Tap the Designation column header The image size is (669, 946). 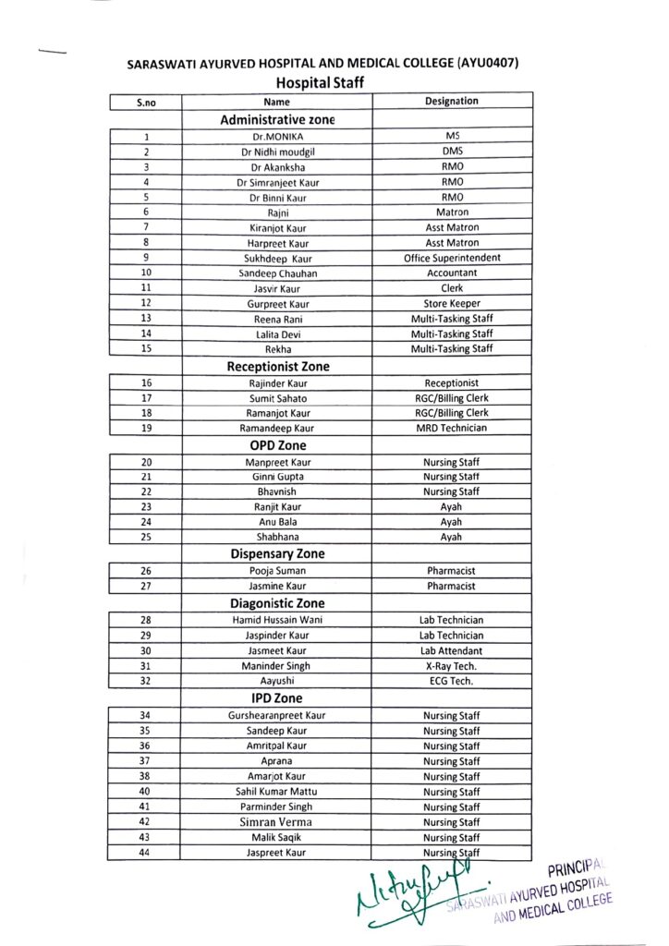pos(452,102)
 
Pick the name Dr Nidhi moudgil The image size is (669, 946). pos(276,152)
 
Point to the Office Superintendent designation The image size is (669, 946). pos(452,258)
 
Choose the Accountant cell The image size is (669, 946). pos(452,273)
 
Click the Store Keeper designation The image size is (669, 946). pos(452,303)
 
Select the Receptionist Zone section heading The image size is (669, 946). pos(277,366)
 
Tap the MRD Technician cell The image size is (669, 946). pos(452,428)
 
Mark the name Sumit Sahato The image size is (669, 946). pos(277,398)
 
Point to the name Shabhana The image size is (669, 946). pos(277,537)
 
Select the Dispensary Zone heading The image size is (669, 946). pos(277,554)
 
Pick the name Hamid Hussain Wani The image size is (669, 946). pos(277,620)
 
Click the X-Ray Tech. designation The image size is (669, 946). pos(452,665)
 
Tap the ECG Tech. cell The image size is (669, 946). pos(452,681)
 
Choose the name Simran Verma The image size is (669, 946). pos(277,821)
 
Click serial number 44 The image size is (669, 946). pos(145,853)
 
